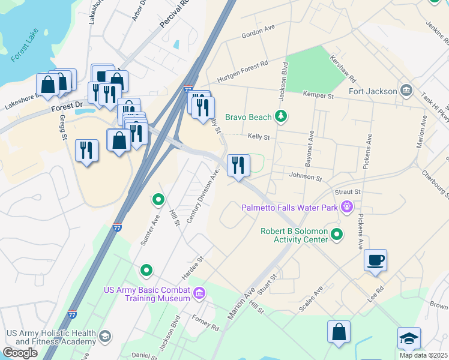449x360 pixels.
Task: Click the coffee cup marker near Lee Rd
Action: (375, 260)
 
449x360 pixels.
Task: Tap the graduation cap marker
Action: (409, 338)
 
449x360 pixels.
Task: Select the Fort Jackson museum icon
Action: (406, 91)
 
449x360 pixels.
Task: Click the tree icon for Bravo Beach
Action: (280, 116)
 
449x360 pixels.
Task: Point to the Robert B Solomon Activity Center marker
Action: (337, 235)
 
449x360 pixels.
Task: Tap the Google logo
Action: (20, 353)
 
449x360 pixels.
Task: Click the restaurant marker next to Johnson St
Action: (238, 165)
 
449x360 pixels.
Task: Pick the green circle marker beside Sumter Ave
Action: (158, 199)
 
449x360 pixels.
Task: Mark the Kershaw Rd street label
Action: (343, 70)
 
